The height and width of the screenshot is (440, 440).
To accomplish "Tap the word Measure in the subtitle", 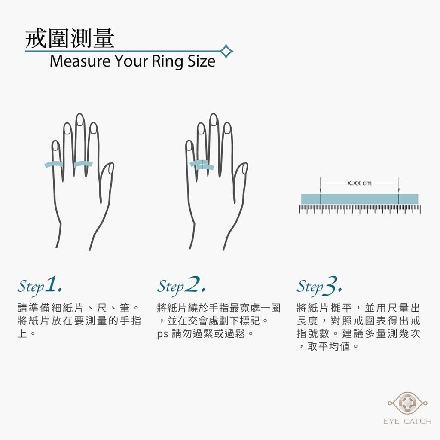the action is (x=80, y=61).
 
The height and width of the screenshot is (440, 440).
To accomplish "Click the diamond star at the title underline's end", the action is (x=226, y=52).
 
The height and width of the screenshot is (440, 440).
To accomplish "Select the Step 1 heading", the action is (x=40, y=286).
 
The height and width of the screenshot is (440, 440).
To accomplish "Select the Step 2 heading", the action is (x=181, y=286).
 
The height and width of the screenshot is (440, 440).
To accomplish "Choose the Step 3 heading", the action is (x=319, y=286).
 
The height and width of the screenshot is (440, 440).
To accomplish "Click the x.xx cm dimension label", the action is (x=360, y=183).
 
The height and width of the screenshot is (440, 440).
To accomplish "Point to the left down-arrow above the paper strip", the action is (x=321, y=185).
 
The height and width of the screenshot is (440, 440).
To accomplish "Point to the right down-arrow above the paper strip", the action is (x=399, y=185).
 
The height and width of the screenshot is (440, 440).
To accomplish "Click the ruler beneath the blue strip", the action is (x=360, y=209).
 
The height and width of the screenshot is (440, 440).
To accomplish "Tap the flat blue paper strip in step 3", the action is (x=360, y=199).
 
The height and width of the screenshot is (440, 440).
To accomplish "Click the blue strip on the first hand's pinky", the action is (x=54, y=164).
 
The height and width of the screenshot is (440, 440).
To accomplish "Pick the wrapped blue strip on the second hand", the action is (x=202, y=165).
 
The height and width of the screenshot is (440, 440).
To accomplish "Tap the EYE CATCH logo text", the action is (x=407, y=421).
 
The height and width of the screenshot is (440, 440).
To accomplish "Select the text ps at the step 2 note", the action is (x=162, y=334).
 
